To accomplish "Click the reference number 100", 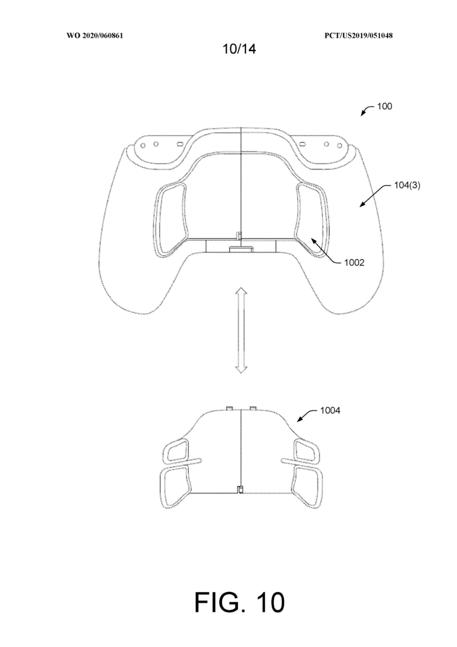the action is (x=384, y=106).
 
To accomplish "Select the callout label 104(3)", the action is (x=407, y=185).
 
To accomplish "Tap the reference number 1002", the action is (x=354, y=262).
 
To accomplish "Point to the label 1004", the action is (x=330, y=411).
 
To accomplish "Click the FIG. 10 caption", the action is (x=239, y=602).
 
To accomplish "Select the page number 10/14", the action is (x=239, y=49).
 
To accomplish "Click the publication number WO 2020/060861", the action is (x=95, y=35).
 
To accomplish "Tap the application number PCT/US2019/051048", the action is (x=359, y=35).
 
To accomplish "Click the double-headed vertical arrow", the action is (x=240, y=331).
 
